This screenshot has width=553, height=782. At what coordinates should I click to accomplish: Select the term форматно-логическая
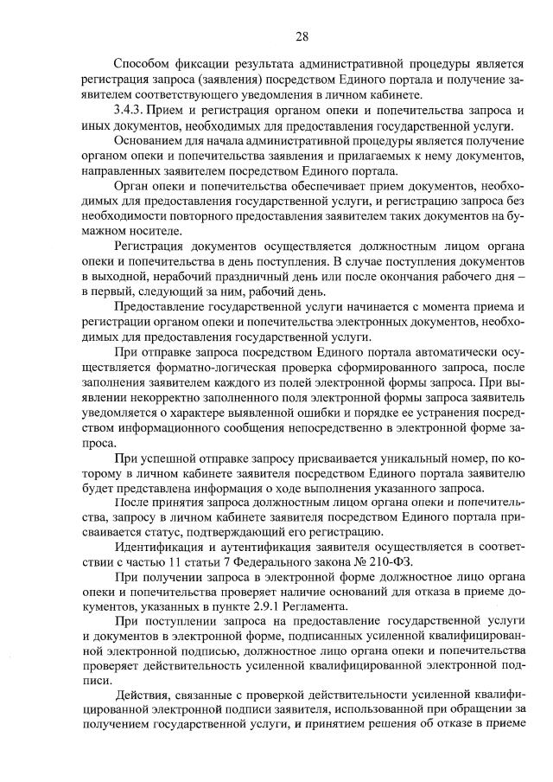[206, 374]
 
